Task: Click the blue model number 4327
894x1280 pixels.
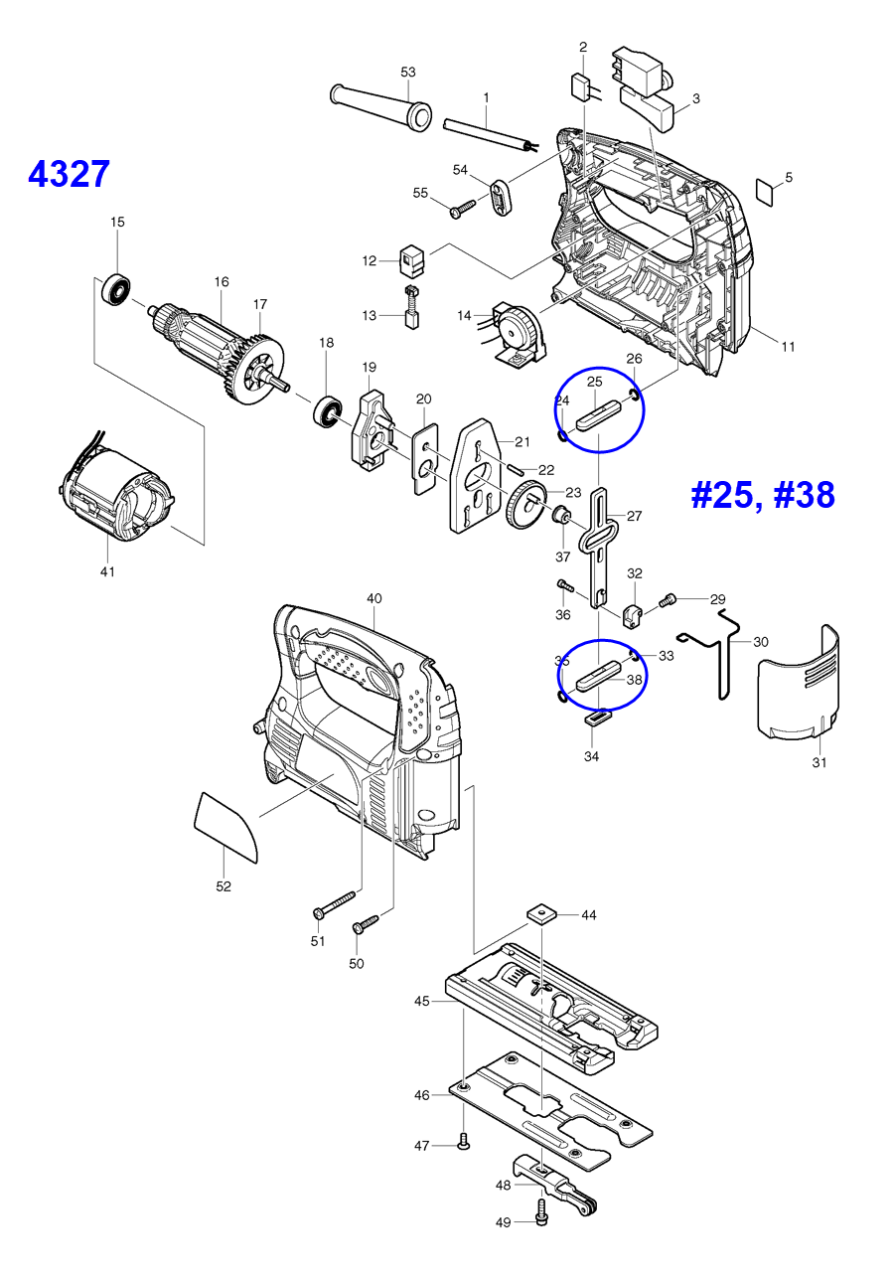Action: tap(69, 174)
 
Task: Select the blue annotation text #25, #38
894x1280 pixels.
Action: tap(762, 494)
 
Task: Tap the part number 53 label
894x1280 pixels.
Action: tap(407, 73)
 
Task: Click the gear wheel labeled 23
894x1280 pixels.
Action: tap(522, 510)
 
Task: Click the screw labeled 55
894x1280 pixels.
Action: tap(463, 210)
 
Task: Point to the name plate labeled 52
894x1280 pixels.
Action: tap(226, 825)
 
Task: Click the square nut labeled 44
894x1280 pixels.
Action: tap(540, 913)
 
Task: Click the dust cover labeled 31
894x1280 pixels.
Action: tap(797, 686)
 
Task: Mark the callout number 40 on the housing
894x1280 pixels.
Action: tap(373, 598)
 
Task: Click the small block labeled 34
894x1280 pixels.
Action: tap(595, 717)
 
